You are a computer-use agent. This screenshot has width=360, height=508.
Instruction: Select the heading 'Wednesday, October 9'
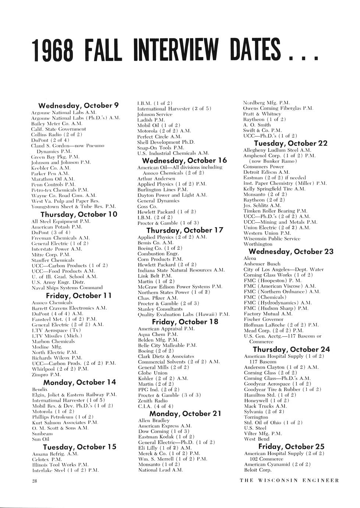[x=78, y=106]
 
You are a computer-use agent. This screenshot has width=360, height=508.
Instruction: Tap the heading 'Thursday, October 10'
[x=79, y=214]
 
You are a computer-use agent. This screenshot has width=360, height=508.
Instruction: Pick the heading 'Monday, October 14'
[x=80, y=382]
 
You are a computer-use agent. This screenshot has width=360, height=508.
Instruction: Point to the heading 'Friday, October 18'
[x=185, y=321]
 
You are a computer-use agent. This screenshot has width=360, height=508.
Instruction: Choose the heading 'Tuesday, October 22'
[x=290, y=143]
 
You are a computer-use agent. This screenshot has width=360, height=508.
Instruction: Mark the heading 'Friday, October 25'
[x=291, y=446]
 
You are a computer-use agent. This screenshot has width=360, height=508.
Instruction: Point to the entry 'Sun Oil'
[x=40, y=439]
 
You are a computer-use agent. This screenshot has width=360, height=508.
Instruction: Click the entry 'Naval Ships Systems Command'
[x=67, y=287]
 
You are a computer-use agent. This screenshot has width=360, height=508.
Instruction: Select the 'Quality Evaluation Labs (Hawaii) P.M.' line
[x=183, y=314]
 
